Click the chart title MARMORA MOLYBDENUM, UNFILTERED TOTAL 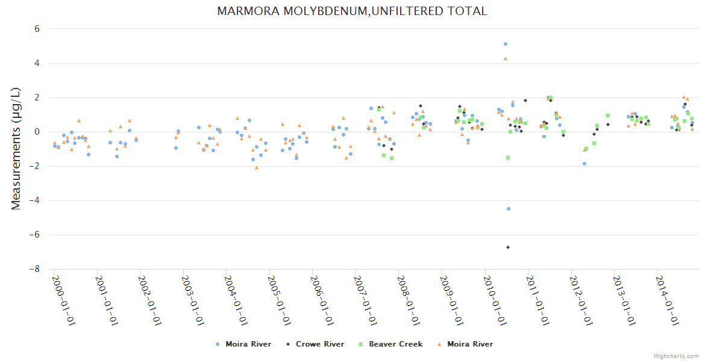click(352, 11)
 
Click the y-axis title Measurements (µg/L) click(16, 149)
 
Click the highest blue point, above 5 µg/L click(506, 44)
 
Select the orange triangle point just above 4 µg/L click(506, 58)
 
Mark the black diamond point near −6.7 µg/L click(508, 247)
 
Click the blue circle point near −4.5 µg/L click(509, 209)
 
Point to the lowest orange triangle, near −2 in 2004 click(257, 167)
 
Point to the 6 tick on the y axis click(37, 28)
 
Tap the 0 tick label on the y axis click(37, 132)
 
